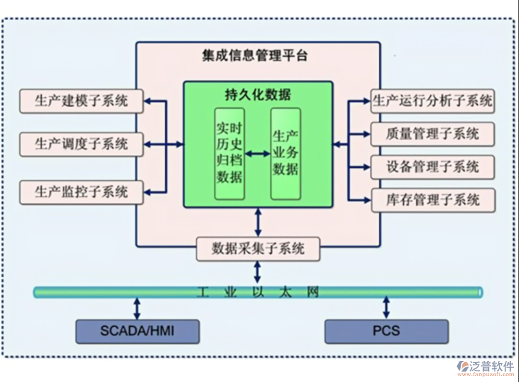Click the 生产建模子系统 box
coord(81,101)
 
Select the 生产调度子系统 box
coord(81,144)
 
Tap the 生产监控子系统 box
coord(81,192)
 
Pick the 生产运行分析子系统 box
coord(433,101)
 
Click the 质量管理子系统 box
coord(433,134)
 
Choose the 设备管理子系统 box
coord(433,167)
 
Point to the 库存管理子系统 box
coord(433,199)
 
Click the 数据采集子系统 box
coord(258,249)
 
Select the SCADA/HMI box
coord(137,331)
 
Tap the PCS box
coord(386,331)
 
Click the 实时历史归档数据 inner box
coord(229,154)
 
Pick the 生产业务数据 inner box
coord(286,154)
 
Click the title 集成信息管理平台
coord(255,56)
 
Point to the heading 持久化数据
coord(258,94)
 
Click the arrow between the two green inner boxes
coord(258,154)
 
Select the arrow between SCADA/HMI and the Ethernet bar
coord(137,308)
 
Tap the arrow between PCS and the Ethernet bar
coord(386,308)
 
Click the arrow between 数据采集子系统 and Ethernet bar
coord(258,272)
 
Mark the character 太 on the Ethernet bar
coord(286,292)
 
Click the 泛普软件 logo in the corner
coord(485,368)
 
